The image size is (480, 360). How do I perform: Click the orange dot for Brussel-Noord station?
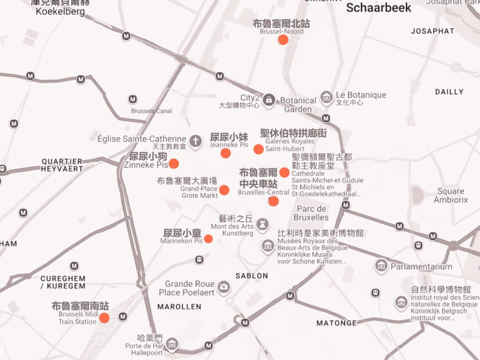click(283, 39)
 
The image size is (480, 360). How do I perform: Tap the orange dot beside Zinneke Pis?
click(173, 164)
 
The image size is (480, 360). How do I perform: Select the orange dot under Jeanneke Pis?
click(225, 153)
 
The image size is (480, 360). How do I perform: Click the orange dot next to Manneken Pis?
click(209, 239)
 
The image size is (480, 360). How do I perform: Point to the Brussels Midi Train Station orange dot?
click(105, 318)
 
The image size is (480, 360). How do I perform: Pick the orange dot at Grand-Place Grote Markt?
click(225, 190)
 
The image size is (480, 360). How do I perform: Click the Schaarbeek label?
click(378, 7)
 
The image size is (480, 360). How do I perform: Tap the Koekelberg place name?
click(60, 11)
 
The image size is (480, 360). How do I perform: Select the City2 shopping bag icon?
click(269, 99)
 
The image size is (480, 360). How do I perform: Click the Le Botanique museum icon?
click(327, 98)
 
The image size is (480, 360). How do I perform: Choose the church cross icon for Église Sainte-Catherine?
click(196, 140)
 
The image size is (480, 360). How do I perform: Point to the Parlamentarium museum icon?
click(381, 266)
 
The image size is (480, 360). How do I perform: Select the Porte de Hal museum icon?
click(172, 345)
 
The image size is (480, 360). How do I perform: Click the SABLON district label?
click(252, 276)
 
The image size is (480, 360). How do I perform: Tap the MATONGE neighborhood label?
click(336, 323)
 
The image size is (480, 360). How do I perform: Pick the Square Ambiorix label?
click(450, 195)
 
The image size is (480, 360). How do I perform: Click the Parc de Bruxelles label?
click(311, 213)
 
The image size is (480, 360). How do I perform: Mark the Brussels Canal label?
click(151, 111)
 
